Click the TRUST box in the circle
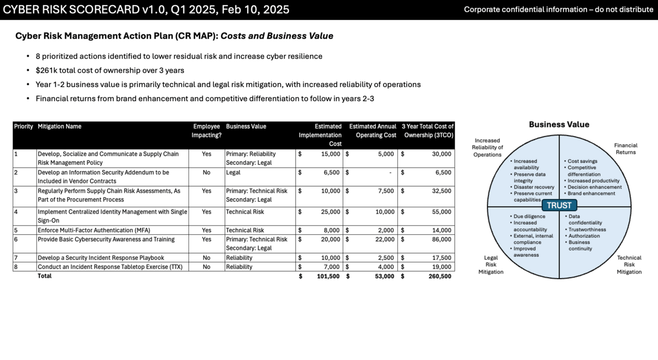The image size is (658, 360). click(x=559, y=205)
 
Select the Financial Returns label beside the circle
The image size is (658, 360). click(x=625, y=149)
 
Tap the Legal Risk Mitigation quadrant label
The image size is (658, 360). click(x=490, y=265)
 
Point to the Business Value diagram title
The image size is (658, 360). click(x=559, y=124)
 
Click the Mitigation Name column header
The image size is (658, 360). click(x=59, y=127)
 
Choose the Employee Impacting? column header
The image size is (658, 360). click(x=206, y=131)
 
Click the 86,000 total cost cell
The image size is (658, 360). click(x=441, y=239)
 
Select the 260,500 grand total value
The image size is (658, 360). click(x=440, y=276)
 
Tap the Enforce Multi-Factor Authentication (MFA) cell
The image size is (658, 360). click(x=94, y=230)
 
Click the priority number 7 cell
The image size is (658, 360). click(x=16, y=258)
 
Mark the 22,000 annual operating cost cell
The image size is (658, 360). click(x=384, y=239)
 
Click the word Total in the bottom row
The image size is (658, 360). click(x=45, y=276)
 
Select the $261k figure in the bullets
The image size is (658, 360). click(x=45, y=70)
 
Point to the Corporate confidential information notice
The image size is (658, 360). click(x=558, y=10)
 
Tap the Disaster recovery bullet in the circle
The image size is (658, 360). click(x=534, y=187)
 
